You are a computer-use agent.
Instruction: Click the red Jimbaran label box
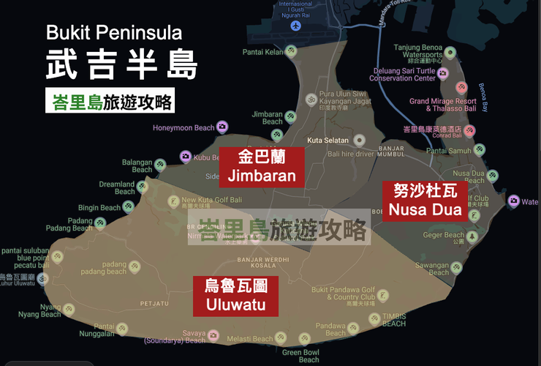pyautogui.click(x=262, y=166)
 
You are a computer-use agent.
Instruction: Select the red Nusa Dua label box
pyautogui.click(x=425, y=201)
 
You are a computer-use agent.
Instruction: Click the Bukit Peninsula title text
pyautogui.click(x=113, y=33)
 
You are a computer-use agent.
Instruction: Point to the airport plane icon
pyautogui.click(x=295, y=26)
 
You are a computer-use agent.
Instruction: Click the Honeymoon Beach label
pyautogui.click(x=183, y=128)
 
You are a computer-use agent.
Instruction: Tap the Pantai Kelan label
pyautogui.click(x=263, y=52)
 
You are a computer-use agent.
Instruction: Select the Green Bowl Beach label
pyautogui.click(x=300, y=356)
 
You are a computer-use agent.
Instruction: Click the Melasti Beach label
pyautogui.click(x=249, y=339)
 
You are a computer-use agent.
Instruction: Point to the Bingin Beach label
pyautogui.click(x=99, y=208)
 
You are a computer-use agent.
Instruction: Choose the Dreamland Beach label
pyautogui.click(x=117, y=188)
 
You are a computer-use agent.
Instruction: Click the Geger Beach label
pyautogui.click(x=443, y=236)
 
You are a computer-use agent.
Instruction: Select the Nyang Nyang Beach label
pyautogui.click(x=50, y=311)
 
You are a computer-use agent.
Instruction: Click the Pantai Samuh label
pyautogui.click(x=448, y=151)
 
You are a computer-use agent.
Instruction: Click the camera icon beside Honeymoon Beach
pyautogui.click(x=222, y=127)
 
